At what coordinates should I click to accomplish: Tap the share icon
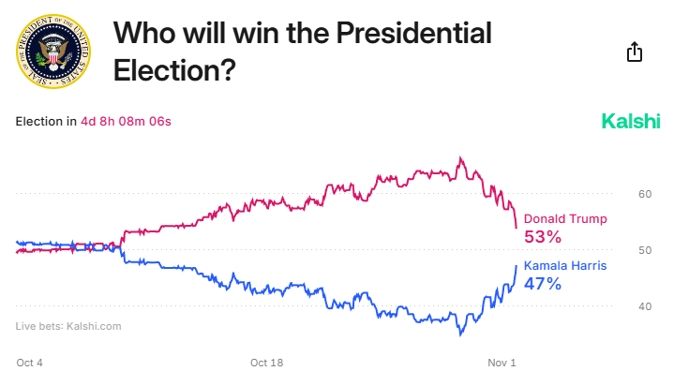tap(635, 52)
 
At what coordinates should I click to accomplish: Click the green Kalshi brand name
tap(629, 122)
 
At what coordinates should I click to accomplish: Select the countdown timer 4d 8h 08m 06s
tap(126, 121)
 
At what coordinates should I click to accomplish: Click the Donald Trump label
tap(564, 218)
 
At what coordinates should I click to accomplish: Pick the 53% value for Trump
tap(542, 237)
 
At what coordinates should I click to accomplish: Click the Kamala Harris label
tap(564, 265)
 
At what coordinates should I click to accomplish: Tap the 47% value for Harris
tap(542, 284)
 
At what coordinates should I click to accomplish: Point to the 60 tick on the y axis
tap(644, 194)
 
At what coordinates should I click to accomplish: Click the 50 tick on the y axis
tap(644, 250)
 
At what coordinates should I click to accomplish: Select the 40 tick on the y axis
tap(644, 306)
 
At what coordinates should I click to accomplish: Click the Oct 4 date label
tap(29, 363)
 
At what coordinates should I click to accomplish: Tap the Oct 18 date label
tap(266, 363)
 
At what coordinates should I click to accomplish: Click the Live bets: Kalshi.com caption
tap(68, 326)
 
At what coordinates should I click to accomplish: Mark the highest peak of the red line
tap(460, 157)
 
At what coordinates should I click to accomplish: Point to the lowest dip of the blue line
tap(460, 334)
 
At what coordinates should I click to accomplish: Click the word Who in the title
tap(143, 36)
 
